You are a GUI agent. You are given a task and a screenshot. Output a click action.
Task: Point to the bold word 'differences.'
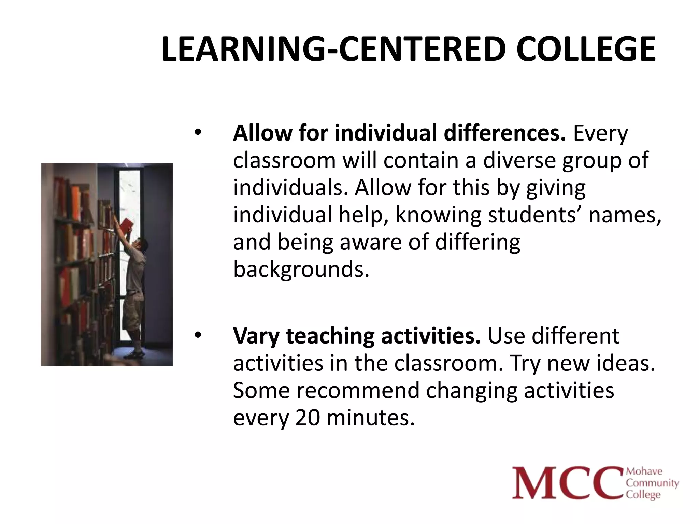point(504,133)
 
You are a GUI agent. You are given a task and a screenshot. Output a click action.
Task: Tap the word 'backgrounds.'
point(301,270)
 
